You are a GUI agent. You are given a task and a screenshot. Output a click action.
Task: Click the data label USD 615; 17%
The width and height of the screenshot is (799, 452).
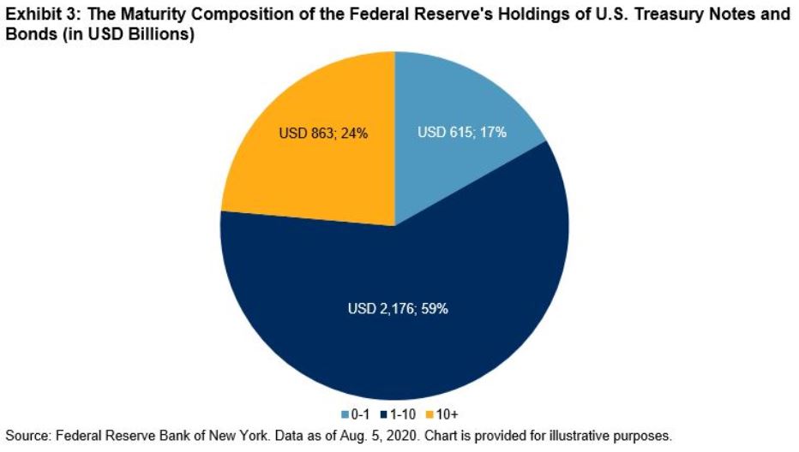coord(461,133)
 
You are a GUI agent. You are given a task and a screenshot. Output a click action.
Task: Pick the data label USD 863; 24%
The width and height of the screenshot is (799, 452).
coord(324,133)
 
